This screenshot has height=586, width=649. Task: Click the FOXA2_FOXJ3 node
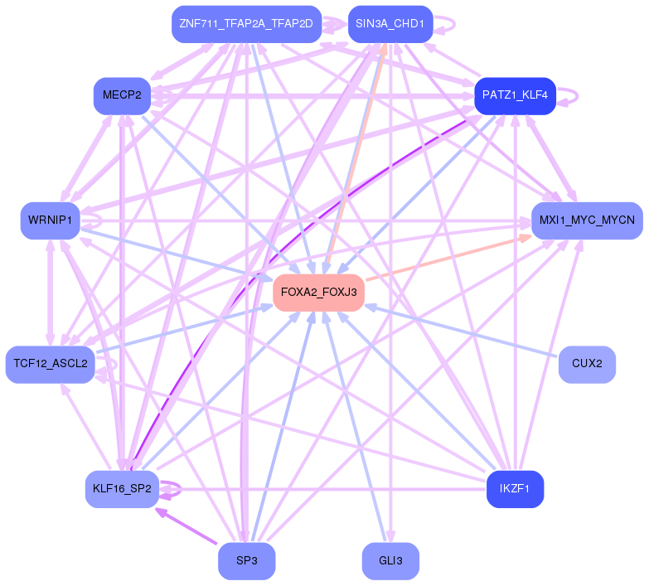pyautogui.click(x=318, y=293)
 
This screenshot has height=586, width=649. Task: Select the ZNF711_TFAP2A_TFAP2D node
pyautogui.click(x=246, y=24)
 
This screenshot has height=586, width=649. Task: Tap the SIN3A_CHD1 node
pyautogui.click(x=390, y=24)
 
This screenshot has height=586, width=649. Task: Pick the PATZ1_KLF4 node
pyautogui.click(x=515, y=95)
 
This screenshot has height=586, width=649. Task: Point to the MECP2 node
pyautogui.click(x=122, y=95)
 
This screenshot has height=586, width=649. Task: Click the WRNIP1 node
pyautogui.click(x=50, y=220)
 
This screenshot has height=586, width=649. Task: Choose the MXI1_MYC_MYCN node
pyautogui.click(x=586, y=220)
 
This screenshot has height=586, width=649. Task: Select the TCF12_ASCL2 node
pyautogui.click(x=50, y=364)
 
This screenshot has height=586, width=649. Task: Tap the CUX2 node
pyautogui.click(x=587, y=364)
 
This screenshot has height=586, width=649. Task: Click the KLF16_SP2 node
pyautogui.click(x=122, y=489)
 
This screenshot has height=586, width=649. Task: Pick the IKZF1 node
pyautogui.click(x=515, y=489)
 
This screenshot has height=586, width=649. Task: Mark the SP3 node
pyautogui.click(x=246, y=561)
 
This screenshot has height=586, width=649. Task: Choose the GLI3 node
pyautogui.click(x=390, y=561)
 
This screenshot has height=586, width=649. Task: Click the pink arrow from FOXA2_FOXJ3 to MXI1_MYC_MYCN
pyautogui.click(x=448, y=257)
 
